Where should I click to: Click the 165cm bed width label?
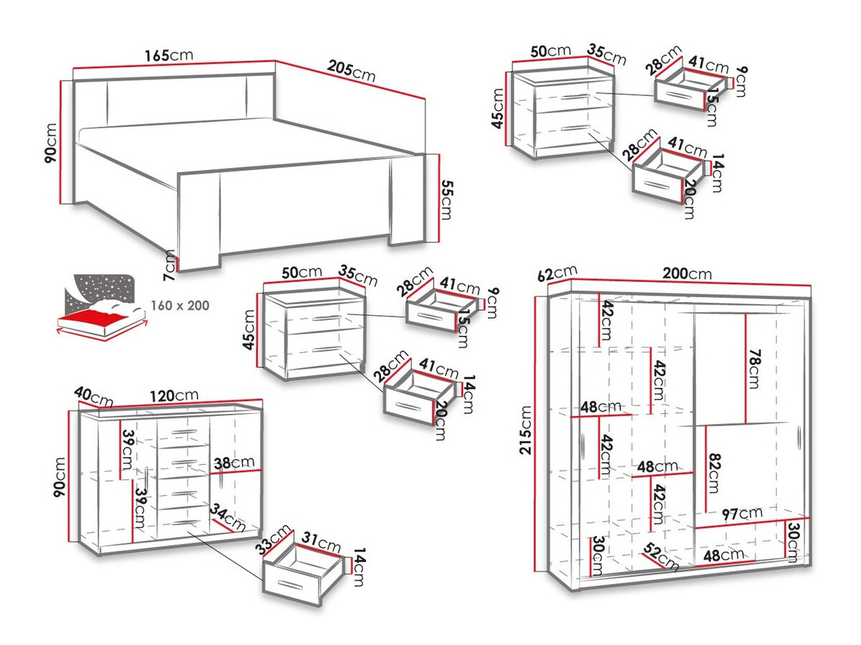pyautogui.click(x=169, y=56)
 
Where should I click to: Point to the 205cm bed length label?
pyautogui.click(x=352, y=70)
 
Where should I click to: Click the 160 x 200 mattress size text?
pyautogui.click(x=180, y=306)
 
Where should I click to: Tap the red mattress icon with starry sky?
pyautogui.click(x=100, y=305)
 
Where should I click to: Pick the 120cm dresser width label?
pyautogui.click(x=177, y=395)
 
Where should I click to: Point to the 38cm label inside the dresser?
pyautogui.click(x=232, y=463)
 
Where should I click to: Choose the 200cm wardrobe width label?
pyautogui.click(x=687, y=273)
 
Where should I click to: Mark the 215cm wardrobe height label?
pyautogui.click(x=526, y=430)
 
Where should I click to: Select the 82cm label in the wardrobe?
pyautogui.click(x=712, y=474)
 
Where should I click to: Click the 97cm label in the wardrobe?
pyautogui.click(x=741, y=513)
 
